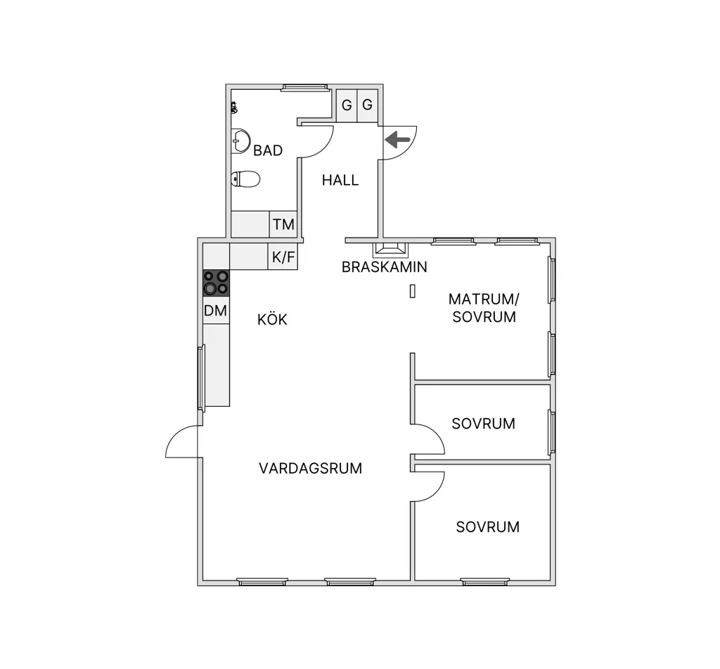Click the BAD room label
click(268, 150)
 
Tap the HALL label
click(340, 181)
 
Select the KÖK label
click(272, 319)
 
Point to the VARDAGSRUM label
click(310, 469)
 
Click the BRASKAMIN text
click(385, 267)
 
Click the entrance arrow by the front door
click(398, 139)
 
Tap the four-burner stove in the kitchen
click(217, 282)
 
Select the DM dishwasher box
click(216, 310)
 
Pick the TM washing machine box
click(283, 224)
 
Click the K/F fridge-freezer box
click(283, 256)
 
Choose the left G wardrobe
click(347, 105)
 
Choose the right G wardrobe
click(367, 105)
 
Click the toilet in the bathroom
click(245, 179)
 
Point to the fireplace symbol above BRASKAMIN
click(390, 249)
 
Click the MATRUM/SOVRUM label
click(484, 308)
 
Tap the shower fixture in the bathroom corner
click(234, 108)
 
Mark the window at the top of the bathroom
click(304, 88)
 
